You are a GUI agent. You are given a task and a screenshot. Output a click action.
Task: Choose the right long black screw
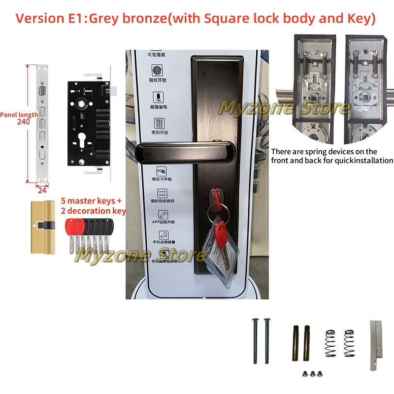click(x=267, y=340)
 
